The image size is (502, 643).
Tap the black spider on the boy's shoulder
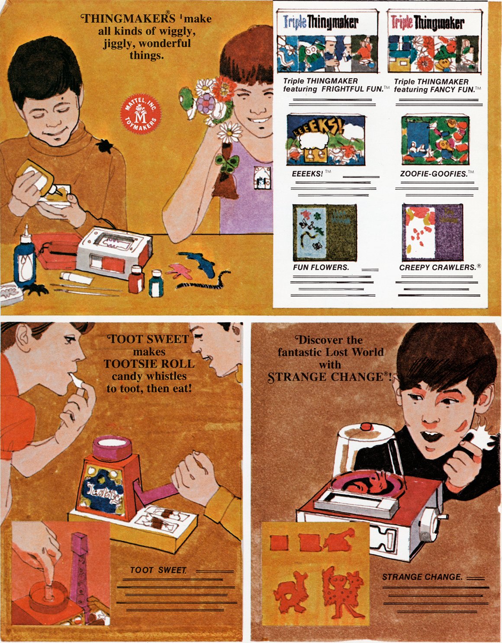[x=105, y=146]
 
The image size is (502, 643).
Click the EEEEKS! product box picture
[x=325, y=140]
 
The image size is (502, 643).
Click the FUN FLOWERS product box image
[x=325, y=232]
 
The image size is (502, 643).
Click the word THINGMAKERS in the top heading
[x=129, y=19]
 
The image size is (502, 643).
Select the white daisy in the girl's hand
[x=229, y=131]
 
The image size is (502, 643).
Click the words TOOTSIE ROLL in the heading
[x=149, y=364]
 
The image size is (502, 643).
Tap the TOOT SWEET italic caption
[x=158, y=570]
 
